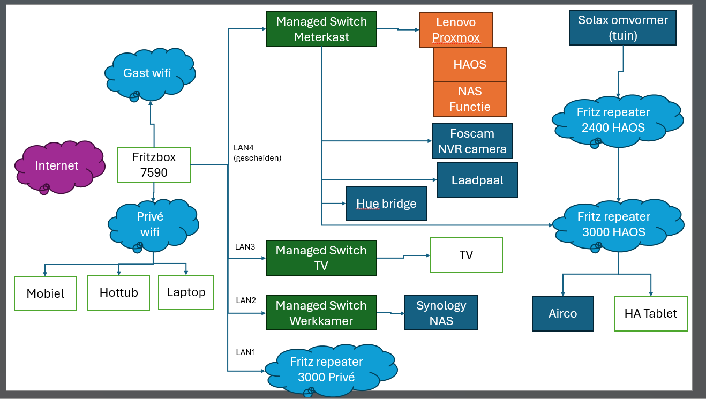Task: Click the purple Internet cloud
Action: pos(57,166)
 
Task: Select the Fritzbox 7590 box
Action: pos(154,164)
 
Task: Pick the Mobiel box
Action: pos(45,293)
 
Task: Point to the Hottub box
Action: pos(118,292)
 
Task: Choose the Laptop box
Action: pos(186,292)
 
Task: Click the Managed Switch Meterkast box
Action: pos(321,29)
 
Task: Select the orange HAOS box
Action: pos(469,64)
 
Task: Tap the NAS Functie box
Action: pos(469,99)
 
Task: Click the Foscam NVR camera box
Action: pos(472,141)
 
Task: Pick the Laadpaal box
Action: pos(477,180)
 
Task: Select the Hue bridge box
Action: pos(386,204)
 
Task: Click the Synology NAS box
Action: pos(441,313)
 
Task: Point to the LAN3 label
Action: pos(245,247)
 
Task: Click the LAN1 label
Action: pos(245,352)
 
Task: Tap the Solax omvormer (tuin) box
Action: pos(622,28)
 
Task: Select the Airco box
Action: pos(562,313)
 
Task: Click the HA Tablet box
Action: pos(650,313)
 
